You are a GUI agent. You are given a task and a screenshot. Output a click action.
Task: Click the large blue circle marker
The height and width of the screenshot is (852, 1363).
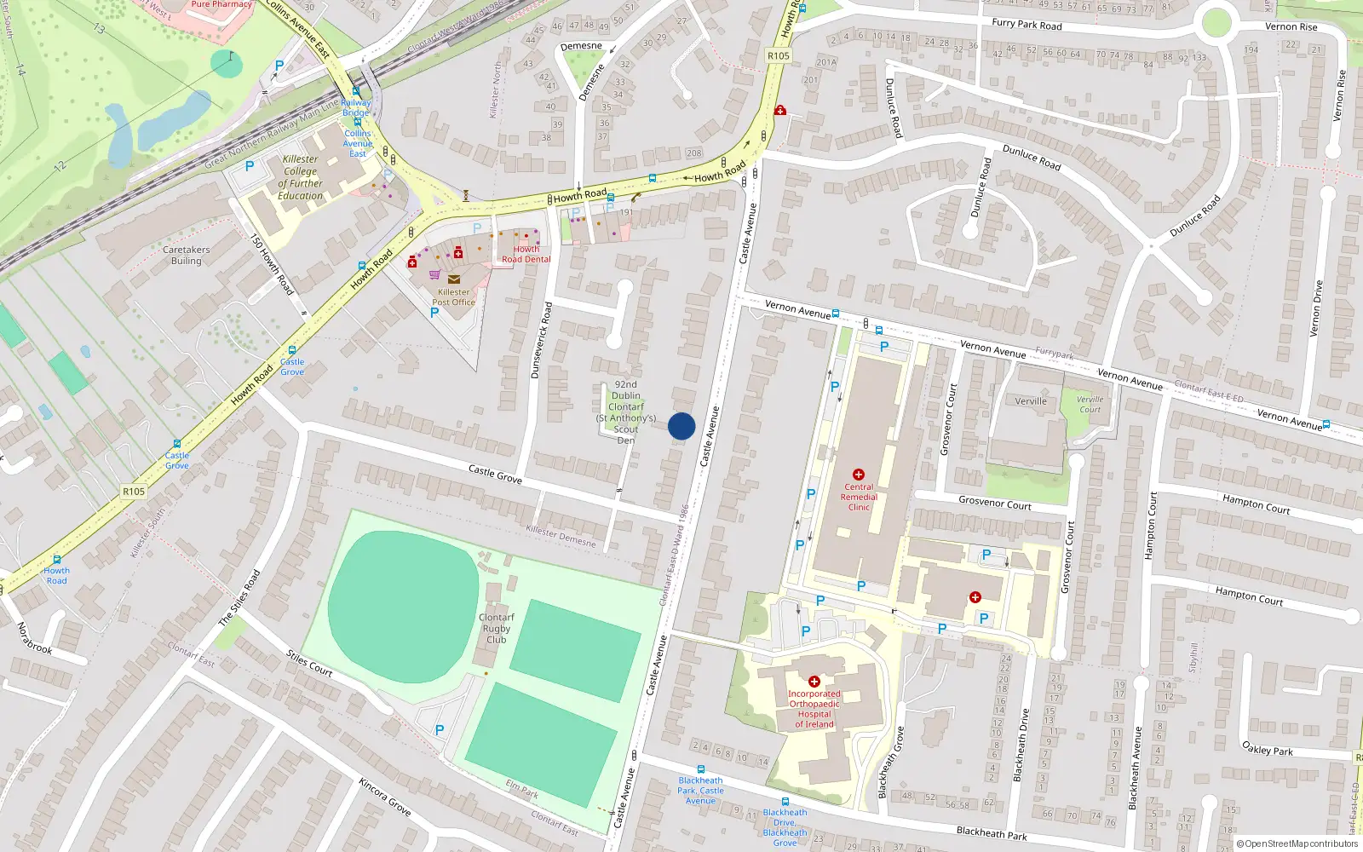point(681,426)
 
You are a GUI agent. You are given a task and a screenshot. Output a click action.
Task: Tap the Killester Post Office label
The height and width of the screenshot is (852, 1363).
point(453,296)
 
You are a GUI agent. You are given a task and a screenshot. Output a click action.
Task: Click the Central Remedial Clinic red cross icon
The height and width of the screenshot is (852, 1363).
point(858,475)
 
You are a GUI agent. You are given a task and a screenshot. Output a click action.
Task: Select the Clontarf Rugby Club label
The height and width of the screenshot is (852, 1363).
point(496,628)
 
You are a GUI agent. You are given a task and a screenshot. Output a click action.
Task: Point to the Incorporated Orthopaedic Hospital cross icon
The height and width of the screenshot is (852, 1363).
point(814,682)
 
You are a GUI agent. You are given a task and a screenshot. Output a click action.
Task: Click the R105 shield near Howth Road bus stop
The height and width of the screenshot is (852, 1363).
point(134,492)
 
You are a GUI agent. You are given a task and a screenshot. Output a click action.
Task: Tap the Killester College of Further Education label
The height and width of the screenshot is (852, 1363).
point(300,177)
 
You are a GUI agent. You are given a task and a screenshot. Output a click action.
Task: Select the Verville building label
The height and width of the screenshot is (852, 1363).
point(1031,401)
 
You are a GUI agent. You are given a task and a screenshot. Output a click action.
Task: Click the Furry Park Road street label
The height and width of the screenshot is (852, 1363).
point(1027,24)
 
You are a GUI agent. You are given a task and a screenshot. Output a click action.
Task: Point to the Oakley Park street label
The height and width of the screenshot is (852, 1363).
point(1267,750)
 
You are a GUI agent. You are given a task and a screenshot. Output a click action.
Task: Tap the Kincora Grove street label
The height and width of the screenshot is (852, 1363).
point(384,797)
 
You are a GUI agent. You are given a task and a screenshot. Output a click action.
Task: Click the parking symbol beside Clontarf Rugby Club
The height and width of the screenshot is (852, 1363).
point(440,729)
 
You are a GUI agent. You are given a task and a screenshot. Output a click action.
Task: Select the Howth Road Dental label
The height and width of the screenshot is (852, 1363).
point(526,254)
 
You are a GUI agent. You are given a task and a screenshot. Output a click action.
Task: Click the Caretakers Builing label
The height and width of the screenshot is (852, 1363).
point(186,256)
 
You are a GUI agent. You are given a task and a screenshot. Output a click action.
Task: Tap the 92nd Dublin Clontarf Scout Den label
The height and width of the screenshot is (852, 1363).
point(626,412)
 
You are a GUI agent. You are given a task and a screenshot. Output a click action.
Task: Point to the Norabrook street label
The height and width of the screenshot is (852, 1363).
point(34,638)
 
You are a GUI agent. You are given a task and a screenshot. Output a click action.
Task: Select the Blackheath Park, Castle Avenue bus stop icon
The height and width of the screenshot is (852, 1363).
point(700,769)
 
